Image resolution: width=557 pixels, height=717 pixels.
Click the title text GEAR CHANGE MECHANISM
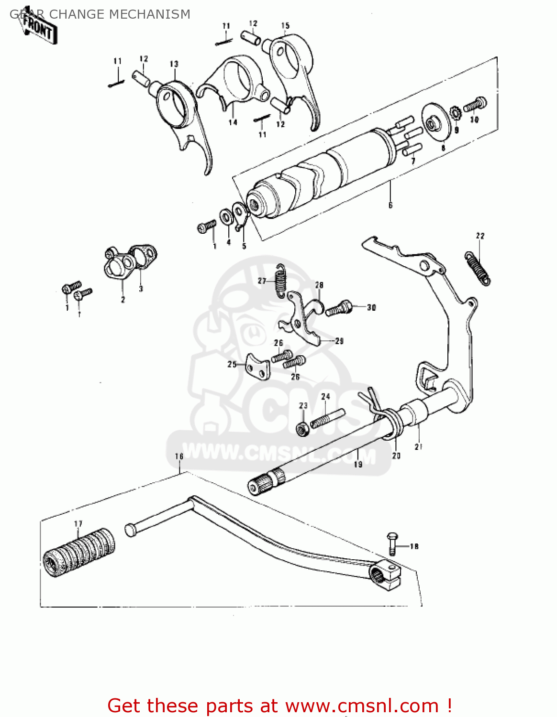100,14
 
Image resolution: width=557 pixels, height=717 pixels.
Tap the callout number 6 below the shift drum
390,206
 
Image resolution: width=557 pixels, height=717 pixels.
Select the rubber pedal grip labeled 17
79,552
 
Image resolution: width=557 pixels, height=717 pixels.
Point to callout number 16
179,456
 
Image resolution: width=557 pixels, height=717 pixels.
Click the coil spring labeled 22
478,269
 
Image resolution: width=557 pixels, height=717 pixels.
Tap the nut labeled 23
302,429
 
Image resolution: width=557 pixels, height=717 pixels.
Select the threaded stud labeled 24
328,418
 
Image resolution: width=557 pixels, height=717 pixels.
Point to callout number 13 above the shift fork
174,64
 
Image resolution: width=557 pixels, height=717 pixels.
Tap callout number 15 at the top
285,26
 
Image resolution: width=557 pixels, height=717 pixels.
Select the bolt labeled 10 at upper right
475,105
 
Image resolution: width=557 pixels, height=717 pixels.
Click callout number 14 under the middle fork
233,122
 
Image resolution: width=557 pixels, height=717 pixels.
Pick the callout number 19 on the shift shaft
358,464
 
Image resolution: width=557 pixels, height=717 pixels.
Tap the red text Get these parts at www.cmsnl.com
279,706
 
